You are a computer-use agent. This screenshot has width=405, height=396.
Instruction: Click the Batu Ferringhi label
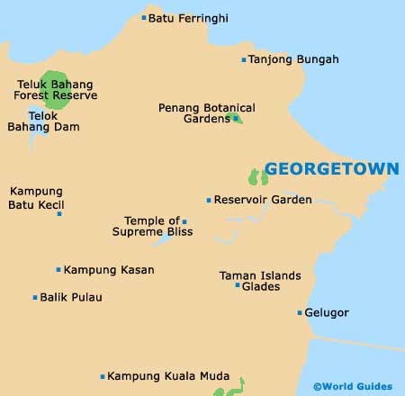point(188,17)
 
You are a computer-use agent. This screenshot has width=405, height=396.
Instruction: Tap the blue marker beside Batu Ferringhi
point(144,17)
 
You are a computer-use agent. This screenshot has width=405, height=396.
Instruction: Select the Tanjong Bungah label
point(293,59)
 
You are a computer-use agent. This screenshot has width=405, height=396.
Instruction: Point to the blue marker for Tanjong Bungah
point(243,60)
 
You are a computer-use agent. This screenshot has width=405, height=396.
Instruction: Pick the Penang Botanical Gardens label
point(206,112)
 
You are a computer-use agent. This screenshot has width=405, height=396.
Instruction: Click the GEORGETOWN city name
point(332,169)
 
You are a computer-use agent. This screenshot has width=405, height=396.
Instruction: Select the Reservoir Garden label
point(263,200)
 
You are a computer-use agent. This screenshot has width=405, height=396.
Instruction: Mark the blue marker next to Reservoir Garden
point(209,200)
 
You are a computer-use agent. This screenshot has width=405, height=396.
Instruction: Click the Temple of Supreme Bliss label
point(152,226)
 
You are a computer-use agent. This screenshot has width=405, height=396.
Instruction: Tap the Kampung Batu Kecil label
point(36,198)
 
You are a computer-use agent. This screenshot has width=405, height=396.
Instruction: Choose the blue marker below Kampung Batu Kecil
point(59,213)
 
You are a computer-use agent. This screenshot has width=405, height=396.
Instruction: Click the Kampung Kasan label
point(109,269)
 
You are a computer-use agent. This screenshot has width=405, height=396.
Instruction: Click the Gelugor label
point(327,313)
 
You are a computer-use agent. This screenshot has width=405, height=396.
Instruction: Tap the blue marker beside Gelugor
point(300,313)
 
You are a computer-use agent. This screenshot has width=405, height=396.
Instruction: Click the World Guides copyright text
point(353,386)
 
